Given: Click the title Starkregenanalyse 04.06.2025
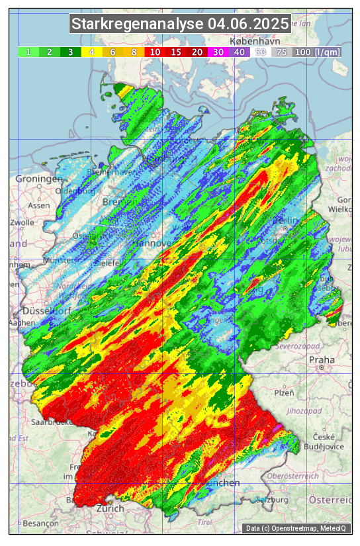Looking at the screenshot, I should click(x=180, y=24).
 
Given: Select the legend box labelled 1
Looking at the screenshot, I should click(x=28, y=52).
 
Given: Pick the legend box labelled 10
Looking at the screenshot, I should click(x=154, y=52).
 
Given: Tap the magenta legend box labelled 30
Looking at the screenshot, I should click(x=218, y=52).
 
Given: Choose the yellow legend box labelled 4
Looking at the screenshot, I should click(x=91, y=52).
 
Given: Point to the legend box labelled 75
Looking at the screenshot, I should click(x=281, y=52).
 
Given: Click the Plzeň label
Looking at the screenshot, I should click(x=285, y=392).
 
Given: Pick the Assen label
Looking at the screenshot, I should click(x=39, y=205).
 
